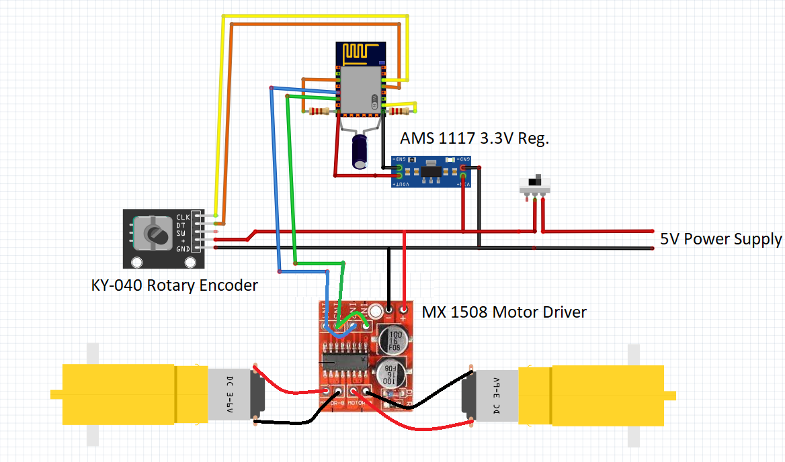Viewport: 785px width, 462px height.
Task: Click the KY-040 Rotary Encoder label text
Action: tap(175, 285)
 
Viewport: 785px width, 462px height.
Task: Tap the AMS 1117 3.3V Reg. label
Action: tap(475, 139)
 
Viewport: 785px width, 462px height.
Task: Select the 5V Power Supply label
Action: tap(721, 239)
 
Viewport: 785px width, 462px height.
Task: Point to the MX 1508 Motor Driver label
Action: tap(504, 312)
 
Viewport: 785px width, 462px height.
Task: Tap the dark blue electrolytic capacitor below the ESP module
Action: tap(362, 152)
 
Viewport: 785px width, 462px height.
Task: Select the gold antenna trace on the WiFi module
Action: tap(362, 52)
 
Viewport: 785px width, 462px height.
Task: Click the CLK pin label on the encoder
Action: tap(183, 217)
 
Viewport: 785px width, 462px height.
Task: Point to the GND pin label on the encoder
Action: tap(183, 248)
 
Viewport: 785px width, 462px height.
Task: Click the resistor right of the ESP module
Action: tap(400, 111)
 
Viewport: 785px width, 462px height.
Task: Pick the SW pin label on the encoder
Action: tap(182, 232)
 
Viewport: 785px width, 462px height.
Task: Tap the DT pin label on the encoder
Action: tap(182, 224)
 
